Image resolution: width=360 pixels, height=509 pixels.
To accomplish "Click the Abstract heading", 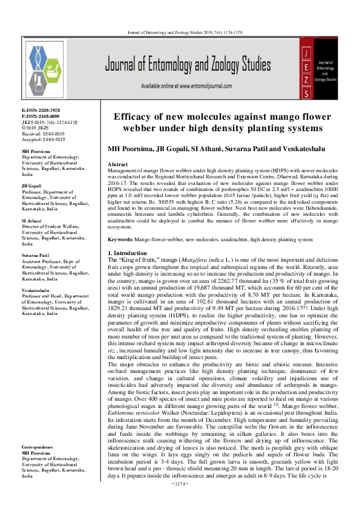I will (117, 164).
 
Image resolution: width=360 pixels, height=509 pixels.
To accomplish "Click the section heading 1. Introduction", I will (127, 235).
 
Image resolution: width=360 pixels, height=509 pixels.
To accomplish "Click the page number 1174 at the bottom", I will (180, 501).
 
